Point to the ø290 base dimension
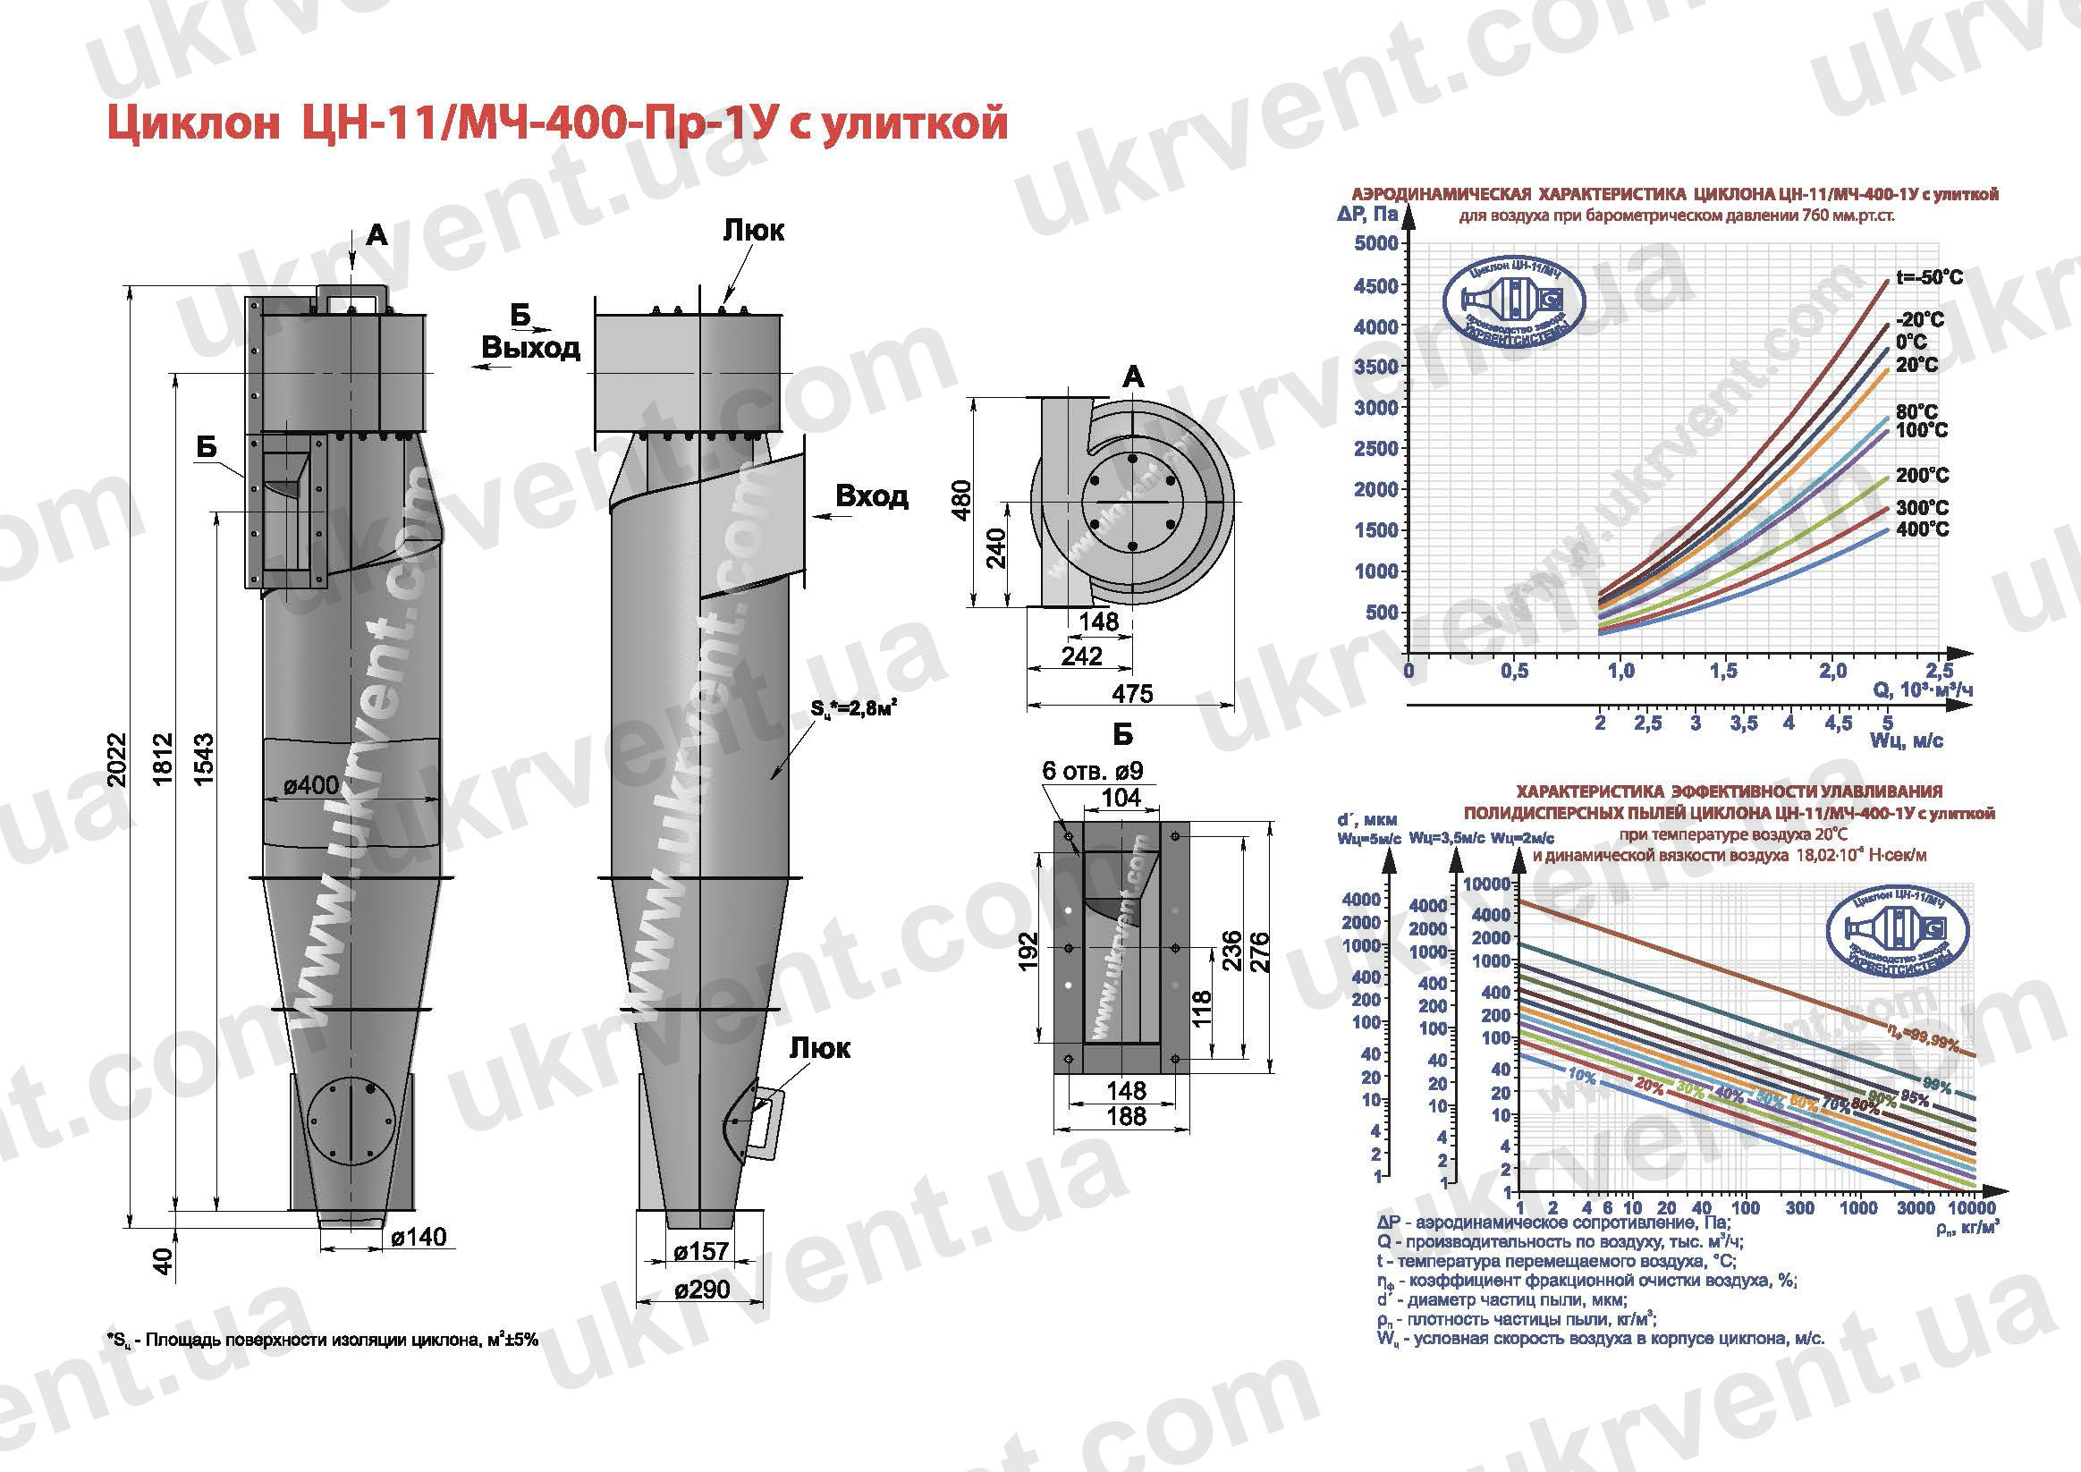[701, 1288]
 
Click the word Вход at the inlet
[871, 495]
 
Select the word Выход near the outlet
[531, 348]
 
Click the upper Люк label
[753, 230]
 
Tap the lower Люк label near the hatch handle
[819, 1048]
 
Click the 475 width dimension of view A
[1132, 693]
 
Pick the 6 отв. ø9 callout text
[1092, 771]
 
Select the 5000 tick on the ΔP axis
[1375, 243]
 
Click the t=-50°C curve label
[1929, 277]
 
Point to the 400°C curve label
[1922, 529]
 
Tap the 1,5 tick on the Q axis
[1723, 671]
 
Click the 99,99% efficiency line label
[1926, 1042]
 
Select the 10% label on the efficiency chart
[1581, 1076]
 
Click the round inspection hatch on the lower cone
[351, 1122]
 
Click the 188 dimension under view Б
[1126, 1117]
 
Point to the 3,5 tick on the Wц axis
[1743, 723]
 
